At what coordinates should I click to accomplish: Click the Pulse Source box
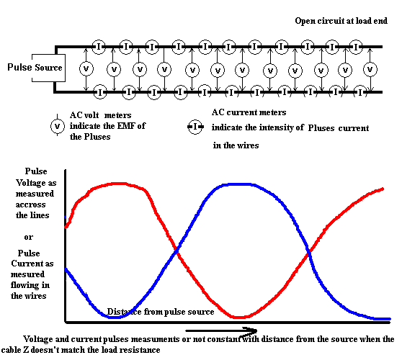tap(48, 68)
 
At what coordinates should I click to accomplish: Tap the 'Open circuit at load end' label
tap(341, 21)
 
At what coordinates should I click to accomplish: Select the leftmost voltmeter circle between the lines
tap(86, 68)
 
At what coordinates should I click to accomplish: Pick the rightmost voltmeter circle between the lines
tap(370, 69)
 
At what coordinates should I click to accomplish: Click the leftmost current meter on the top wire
tap(99, 47)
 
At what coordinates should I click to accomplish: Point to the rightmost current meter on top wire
tap(356, 47)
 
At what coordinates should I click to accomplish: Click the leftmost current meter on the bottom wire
tap(100, 92)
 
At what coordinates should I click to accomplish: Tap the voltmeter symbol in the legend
tap(58, 126)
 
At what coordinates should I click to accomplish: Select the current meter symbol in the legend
tap(195, 127)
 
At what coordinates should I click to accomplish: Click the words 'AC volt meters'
tap(101, 115)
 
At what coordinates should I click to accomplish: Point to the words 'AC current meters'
tap(249, 112)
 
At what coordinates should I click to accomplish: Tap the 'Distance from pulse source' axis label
tap(161, 312)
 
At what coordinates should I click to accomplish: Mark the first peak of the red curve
tap(118, 184)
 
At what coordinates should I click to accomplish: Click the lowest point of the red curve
tap(239, 318)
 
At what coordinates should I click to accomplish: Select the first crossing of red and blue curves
tap(177, 251)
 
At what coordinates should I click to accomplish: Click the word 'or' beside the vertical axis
tap(29, 238)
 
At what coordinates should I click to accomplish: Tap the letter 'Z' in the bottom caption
tap(26, 350)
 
